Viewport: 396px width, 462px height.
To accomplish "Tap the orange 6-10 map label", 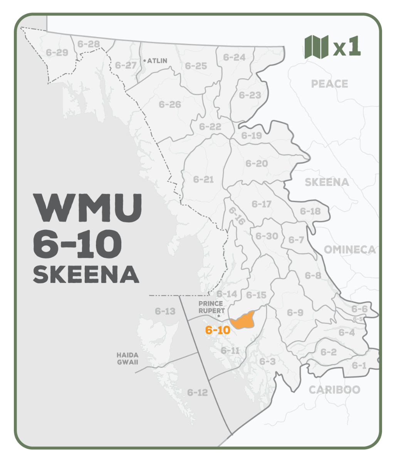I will pos(218,330).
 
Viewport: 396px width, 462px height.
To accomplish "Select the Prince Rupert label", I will pos(211,307).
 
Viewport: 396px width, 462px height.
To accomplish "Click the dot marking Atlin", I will pos(144,61).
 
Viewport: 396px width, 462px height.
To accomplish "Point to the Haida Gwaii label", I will pos(128,358).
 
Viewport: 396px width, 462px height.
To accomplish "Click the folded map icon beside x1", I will pos(316,47).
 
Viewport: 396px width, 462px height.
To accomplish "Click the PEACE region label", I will pos(329,84).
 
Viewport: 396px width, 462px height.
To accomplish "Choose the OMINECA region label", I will pos(349,249).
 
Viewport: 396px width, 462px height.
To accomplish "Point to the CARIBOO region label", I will pos(334,390).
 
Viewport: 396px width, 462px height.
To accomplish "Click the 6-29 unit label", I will pos(57,52).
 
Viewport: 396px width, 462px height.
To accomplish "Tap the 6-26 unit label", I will pos(169,104).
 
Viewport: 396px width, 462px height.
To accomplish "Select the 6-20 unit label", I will pos(257,164).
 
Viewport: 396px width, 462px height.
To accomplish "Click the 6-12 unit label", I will pos(197,392).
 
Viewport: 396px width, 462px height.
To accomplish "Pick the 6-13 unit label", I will pos(165,311).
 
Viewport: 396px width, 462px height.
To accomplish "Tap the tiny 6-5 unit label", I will pos(358,319).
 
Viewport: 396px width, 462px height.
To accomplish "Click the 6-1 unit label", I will pos(359,365).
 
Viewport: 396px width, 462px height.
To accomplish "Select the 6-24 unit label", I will pos(234,57).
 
